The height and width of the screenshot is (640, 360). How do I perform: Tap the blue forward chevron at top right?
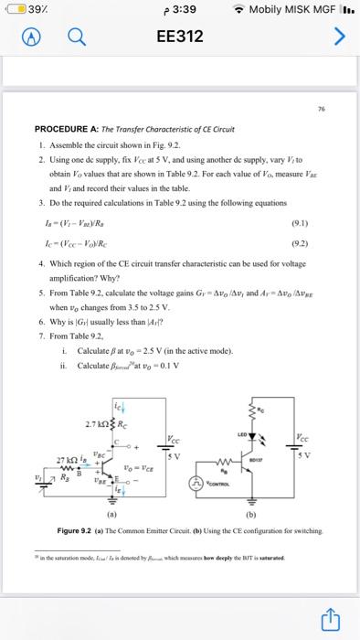(x=341, y=39)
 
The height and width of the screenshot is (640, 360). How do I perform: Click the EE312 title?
(x=179, y=39)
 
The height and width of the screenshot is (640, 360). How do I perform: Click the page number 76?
(x=319, y=106)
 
